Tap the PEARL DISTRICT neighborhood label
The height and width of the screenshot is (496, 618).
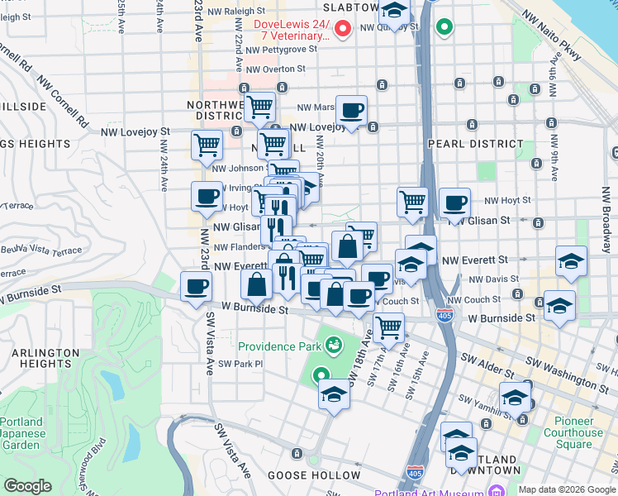476,144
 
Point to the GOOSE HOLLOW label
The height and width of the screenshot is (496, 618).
310,476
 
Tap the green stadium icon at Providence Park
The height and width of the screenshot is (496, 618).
334,343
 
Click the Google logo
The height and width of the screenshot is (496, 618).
27,486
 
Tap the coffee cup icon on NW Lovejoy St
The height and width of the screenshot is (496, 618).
351,110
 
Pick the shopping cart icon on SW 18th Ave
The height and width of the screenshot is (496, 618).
388,327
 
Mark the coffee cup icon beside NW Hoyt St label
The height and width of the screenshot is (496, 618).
454,202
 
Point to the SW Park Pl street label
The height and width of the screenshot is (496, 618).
240,363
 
